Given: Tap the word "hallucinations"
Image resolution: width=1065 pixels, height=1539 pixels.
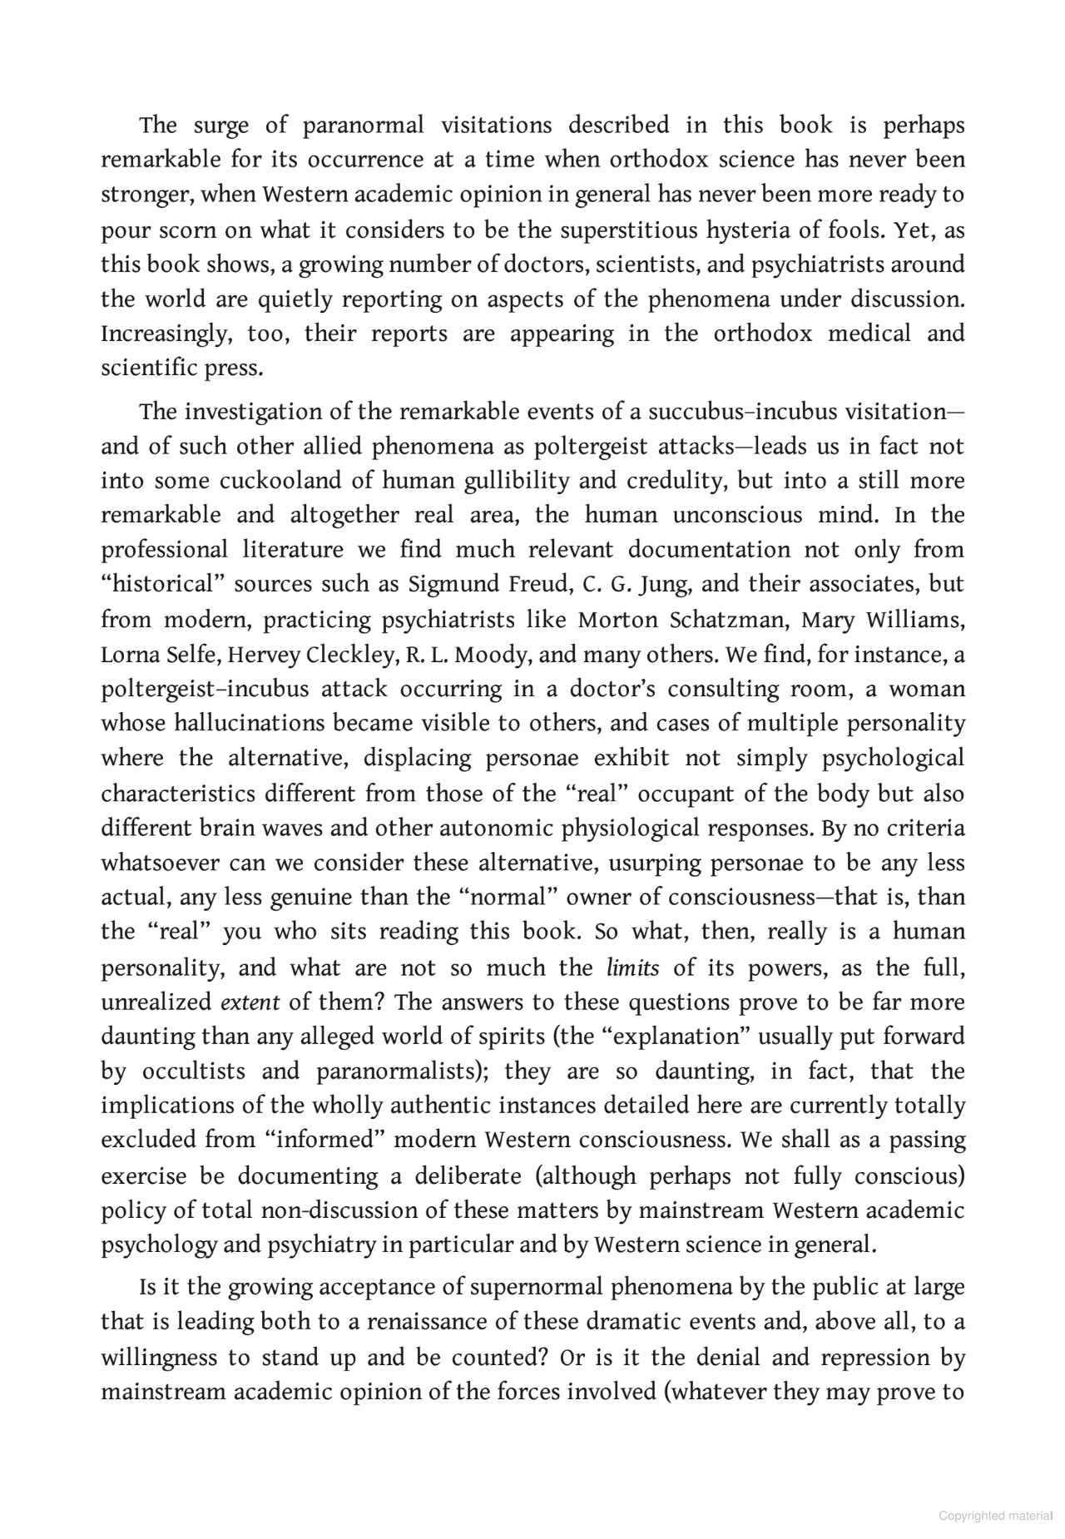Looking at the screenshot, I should [x=250, y=723].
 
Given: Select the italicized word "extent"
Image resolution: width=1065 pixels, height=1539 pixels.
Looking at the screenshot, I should [x=250, y=1002].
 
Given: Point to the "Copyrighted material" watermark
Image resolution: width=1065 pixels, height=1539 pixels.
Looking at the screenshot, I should [x=994, y=1516].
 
